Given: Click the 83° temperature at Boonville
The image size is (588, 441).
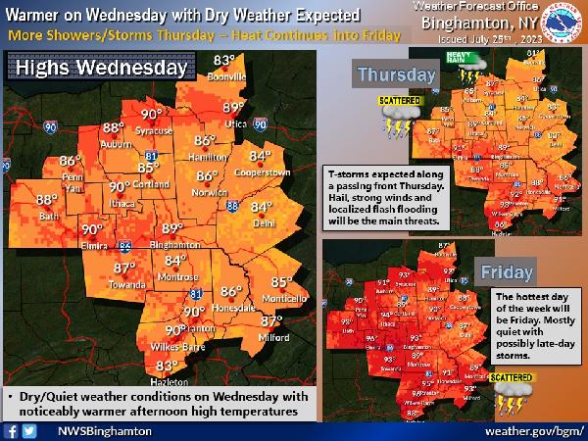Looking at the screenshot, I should (x=224, y=62).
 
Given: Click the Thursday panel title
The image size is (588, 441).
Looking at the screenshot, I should (x=396, y=74).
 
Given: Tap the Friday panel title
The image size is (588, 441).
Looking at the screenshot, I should (x=507, y=270).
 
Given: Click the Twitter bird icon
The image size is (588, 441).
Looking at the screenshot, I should (x=29, y=430).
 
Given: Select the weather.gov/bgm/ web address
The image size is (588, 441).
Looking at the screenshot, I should (x=533, y=430).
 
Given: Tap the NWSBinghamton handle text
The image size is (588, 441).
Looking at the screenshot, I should (x=104, y=430).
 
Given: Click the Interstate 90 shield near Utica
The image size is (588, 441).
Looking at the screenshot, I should (x=259, y=125).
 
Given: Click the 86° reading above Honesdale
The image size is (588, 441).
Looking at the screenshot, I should (x=231, y=291).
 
